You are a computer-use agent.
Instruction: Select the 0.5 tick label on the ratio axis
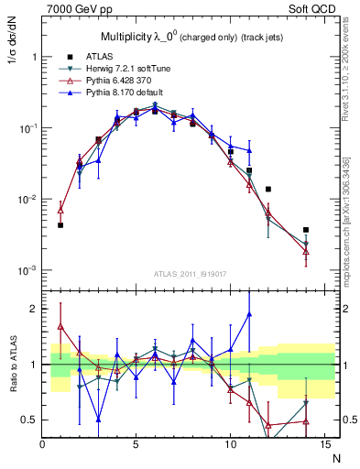tap(27, 420)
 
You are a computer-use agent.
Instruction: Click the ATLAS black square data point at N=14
tap(306, 230)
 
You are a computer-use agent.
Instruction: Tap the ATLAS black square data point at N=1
tap(60, 224)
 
